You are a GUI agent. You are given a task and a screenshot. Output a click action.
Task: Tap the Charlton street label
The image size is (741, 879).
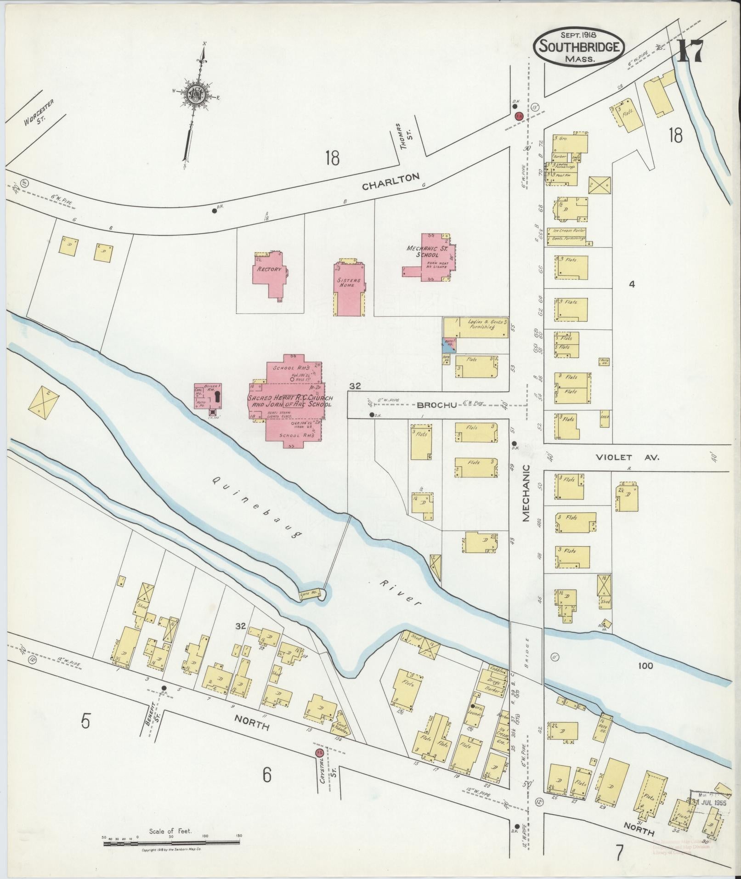[x=390, y=181]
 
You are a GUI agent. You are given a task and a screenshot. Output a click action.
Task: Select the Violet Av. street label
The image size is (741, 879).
[x=627, y=458]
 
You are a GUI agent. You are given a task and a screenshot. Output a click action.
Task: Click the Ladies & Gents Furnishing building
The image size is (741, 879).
[x=475, y=327]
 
